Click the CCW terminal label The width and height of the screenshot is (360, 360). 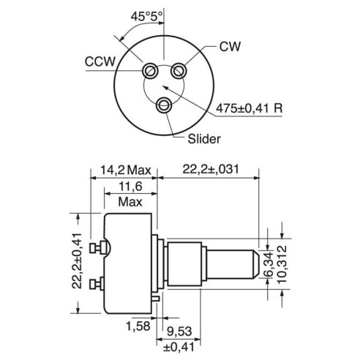coord(100,61)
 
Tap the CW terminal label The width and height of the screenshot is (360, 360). coord(230,46)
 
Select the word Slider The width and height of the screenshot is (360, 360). coord(204,139)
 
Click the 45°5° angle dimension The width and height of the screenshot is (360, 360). coord(146,16)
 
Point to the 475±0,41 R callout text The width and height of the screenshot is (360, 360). coord(250,108)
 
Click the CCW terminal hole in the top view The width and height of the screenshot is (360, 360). coord(150,71)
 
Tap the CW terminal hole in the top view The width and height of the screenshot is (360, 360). coord(179,71)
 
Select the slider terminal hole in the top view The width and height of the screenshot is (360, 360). coord(164,105)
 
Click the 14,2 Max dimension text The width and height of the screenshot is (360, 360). coord(126,170)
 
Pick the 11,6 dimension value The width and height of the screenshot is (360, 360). coord(130,187)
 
